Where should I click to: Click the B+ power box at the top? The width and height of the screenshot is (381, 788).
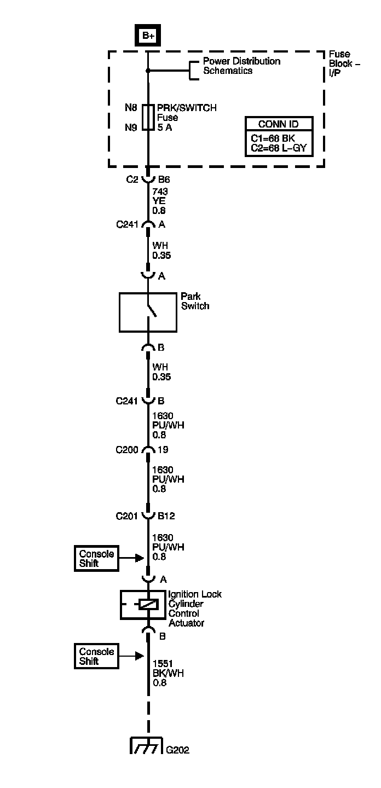coord(148,36)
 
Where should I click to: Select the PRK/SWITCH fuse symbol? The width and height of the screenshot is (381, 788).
coord(148,117)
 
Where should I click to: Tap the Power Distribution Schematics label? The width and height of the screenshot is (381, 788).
coord(241,66)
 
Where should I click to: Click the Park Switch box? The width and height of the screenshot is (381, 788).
coord(148,312)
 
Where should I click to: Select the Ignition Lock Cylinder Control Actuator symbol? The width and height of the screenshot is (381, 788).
coord(148,604)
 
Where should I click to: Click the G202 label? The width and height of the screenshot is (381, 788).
coord(178,750)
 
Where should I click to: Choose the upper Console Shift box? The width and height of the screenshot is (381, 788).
coord(96,558)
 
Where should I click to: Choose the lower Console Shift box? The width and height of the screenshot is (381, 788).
coord(96,656)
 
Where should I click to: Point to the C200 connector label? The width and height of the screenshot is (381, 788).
coord(126,450)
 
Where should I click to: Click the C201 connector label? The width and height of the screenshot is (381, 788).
coord(126,515)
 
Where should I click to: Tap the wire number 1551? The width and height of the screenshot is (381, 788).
coord(162,663)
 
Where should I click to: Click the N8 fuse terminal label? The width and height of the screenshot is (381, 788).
coord(130,108)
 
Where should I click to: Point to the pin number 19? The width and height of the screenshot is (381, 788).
coord(163,450)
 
